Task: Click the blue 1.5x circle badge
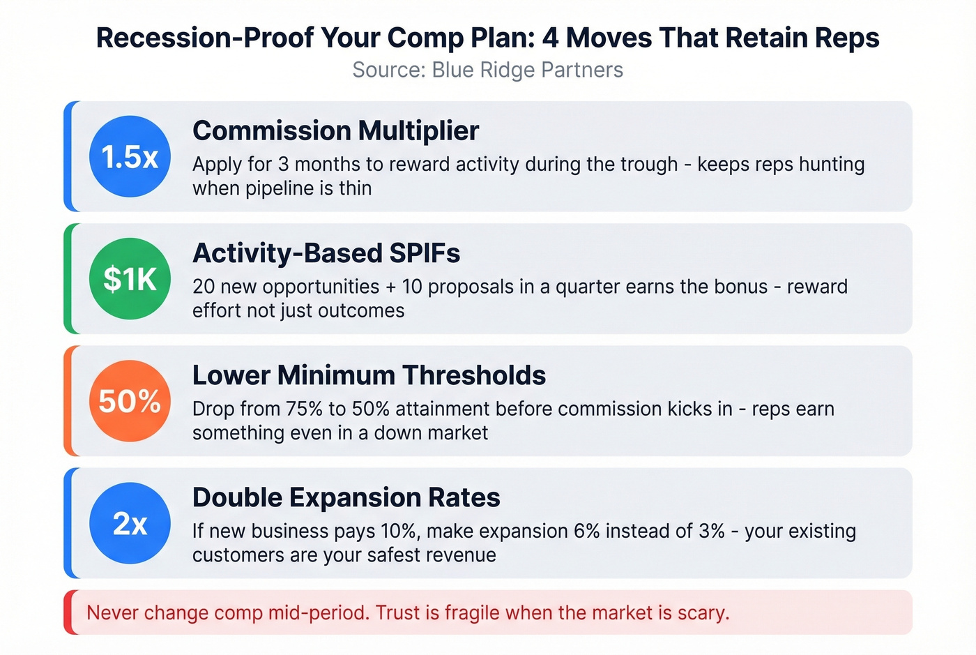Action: point(130,156)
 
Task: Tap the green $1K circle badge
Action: point(130,279)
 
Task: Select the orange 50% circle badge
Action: point(130,401)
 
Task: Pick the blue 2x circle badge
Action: point(130,523)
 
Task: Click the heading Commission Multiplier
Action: point(335,130)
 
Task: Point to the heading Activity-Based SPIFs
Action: point(326,253)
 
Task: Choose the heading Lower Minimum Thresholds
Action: point(369,375)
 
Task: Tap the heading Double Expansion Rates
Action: point(346,497)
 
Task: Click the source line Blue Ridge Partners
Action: point(488,70)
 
